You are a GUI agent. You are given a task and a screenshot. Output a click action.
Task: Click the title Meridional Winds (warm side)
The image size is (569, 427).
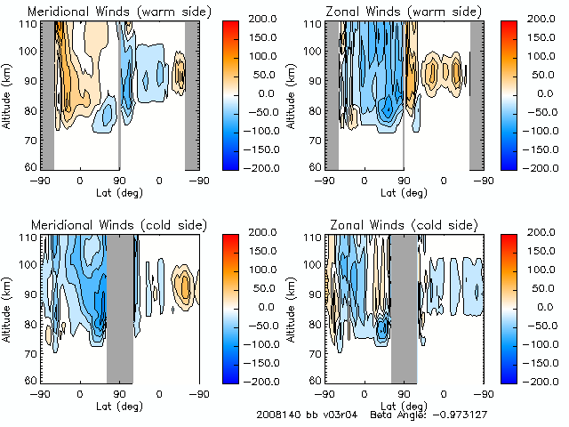tap(119, 12)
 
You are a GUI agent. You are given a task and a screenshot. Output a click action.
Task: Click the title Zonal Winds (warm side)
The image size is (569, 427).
tap(404, 12)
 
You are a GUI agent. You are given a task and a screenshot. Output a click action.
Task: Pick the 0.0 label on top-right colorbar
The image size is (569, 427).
tap(541, 93)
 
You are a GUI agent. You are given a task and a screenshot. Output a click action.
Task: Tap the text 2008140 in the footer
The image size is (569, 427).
tap(275, 415)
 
